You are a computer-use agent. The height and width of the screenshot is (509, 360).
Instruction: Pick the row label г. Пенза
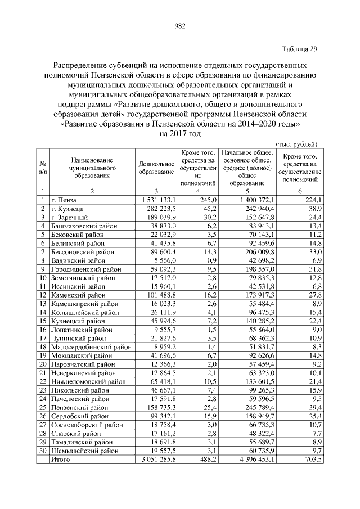click(62, 200)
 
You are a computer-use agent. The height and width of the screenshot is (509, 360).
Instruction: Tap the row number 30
click(42, 451)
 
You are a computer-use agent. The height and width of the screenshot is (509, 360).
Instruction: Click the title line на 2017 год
click(180, 134)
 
